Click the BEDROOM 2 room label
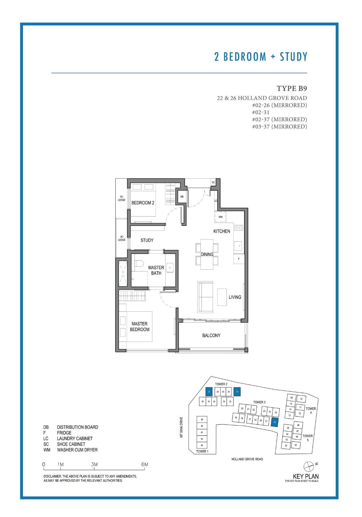pyautogui.click(x=143, y=203)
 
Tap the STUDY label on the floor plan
pyautogui.click(x=147, y=240)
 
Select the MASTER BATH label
pyautogui.click(x=156, y=270)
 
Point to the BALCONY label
pyautogui.click(x=211, y=335)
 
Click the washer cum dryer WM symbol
pyautogui.click(x=221, y=217)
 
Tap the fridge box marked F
pyautogui.click(x=239, y=259)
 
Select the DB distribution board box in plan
pyautogui.click(x=182, y=197)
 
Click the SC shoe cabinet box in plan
pyautogui.click(x=213, y=182)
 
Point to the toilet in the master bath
pyautogui.click(x=138, y=264)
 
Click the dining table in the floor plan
pyautogui.click(x=207, y=254)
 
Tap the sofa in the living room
pyautogui.click(x=205, y=297)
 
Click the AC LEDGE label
pyautogui.click(x=122, y=238)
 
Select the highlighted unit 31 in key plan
pyautogui.click(x=237, y=392)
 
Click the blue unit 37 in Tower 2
pyautogui.click(x=209, y=392)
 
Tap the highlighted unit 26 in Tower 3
pyautogui.click(x=275, y=422)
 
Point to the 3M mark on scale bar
pyautogui.click(x=94, y=465)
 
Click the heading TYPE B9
pyautogui.click(x=292, y=88)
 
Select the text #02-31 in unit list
pyautogui.click(x=261, y=112)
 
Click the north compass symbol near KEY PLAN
pyautogui.click(x=309, y=466)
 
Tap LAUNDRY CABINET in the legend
pyautogui.click(x=75, y=439)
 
